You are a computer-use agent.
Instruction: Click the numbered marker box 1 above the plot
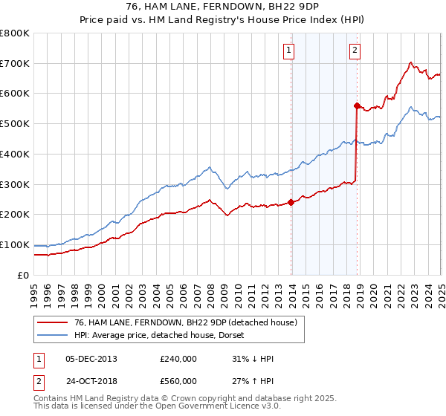click(288, 51)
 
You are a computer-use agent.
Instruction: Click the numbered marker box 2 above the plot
click(355, 51)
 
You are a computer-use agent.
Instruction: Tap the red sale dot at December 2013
click(291, 202)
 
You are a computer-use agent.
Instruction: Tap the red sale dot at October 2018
click(357, 105)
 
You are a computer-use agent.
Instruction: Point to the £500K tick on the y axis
click(16, 123)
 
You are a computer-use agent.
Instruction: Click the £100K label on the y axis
click(16, 244)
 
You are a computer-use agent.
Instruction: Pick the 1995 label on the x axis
click(34, 293)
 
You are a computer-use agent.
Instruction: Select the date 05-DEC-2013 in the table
click(91, 359)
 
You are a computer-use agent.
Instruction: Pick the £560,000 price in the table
click(178, 381)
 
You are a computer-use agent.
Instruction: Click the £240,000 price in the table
click(178, 359)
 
